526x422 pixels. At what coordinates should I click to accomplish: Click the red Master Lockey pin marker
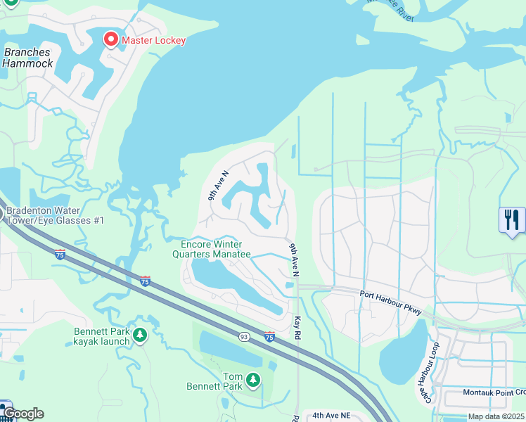pyautogui.click(x=111, y=39)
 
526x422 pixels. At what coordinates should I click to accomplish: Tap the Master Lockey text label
pyautogui.click(x=153, y=40)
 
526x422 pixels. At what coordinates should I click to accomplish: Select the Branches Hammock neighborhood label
pyautogui.click(x=27, y=58)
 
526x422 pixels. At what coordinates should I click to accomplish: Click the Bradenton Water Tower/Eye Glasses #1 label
pyautogui.click(x=54, y=215)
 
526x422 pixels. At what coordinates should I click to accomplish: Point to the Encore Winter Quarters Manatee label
pyautogui.click(x=212, y=249)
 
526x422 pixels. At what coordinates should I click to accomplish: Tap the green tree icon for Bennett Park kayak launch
pyautogui.click(x=140, y=335)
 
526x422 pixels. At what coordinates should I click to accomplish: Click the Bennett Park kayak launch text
pyautogui.click(x=102, y=336)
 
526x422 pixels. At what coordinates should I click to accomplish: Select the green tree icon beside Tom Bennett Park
pyautogui.click(x=253, y=381)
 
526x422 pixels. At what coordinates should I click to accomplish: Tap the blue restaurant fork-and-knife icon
pyautogui.click(x=512, y=219)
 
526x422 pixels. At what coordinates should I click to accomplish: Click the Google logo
pyautogui.click(x=23, y=414)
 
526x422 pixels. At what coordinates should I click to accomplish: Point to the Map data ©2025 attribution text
pyautogui.click(x=496, y=416)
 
